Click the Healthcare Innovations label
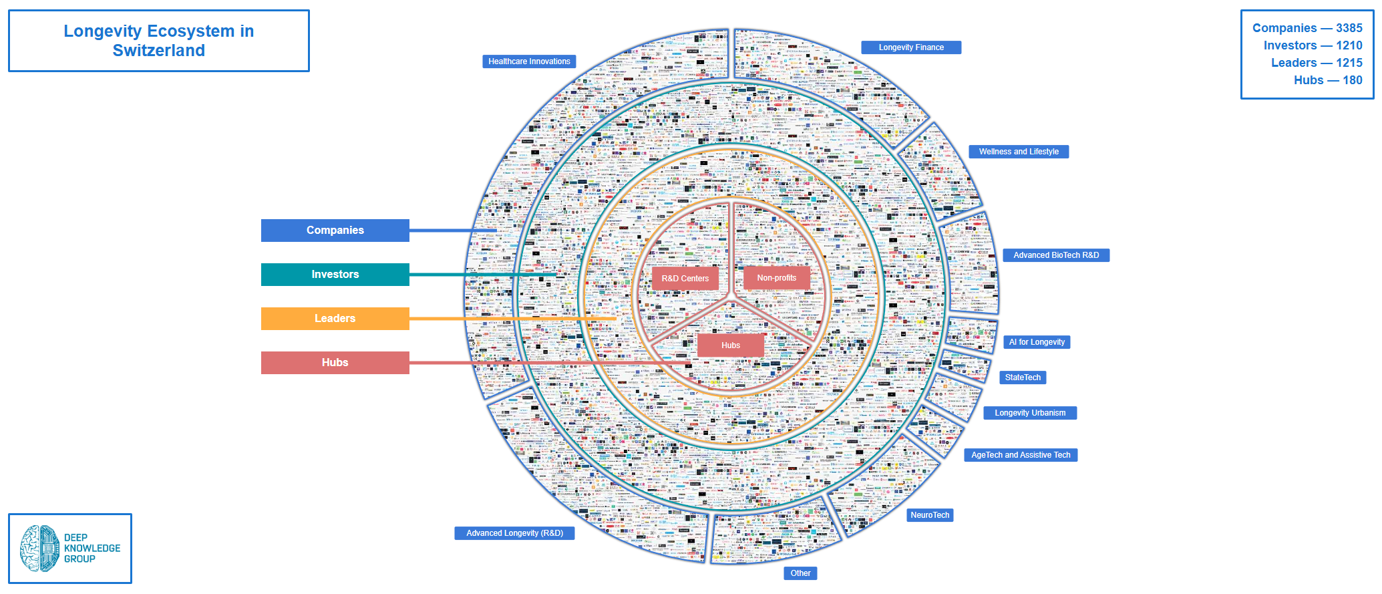pos(529,61)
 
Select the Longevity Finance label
pos(911,47)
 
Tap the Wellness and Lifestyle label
pos(1019,152)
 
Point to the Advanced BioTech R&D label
pos(1056,255)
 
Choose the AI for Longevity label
pos(1037,342)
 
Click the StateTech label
pos(1023,378)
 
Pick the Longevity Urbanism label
pos(1030,413)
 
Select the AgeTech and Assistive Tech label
pos(1021,455)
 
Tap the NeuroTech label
pos(930,515)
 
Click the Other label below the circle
pos(800,573)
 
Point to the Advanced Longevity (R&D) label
pos(514,533)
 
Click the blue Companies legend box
pos(335,231)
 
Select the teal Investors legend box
pos(335,275)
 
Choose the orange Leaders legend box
pos(335,319)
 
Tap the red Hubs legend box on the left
pos(335,363)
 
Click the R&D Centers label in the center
pos(685,279)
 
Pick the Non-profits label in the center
pos(776,278)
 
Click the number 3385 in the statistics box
pos(1349,28)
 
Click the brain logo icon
pos(39,549)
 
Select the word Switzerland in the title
pos(159,51)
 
